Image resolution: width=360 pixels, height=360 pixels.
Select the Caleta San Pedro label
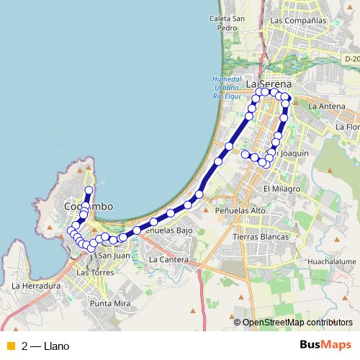click(224, 22)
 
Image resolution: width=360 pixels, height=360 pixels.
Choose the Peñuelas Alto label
click(240, 210)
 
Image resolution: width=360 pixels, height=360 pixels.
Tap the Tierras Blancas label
click(261, 236)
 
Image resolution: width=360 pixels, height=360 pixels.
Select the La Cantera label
click(167, 258)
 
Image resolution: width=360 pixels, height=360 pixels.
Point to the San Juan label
click(113, 255)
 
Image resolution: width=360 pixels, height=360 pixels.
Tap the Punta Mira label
click(110, 304)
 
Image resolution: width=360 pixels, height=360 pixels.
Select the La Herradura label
click(35, 285)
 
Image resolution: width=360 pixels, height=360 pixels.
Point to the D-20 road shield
click(351, 59)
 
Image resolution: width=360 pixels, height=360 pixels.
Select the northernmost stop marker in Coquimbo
click(89, 190)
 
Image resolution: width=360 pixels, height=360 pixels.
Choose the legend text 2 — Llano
click(45, 346)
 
